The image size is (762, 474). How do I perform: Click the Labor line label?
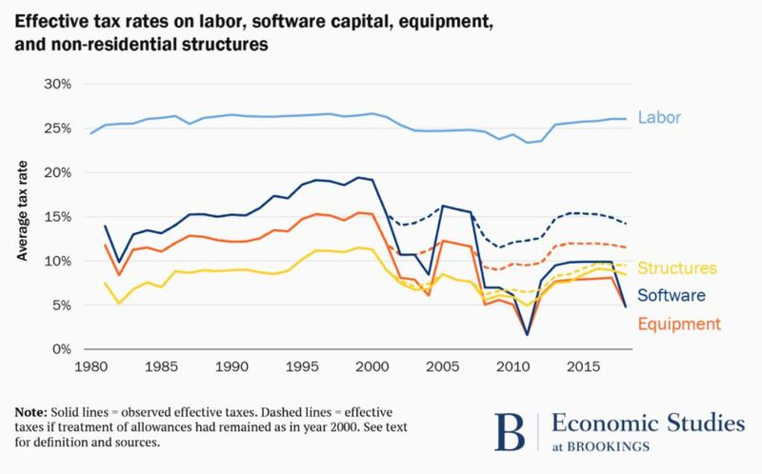click(660, 118)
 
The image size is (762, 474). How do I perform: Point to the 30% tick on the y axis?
click(56, 84)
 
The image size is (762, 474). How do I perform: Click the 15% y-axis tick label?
click(56, 217)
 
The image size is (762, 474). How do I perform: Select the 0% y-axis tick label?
click(60, 349)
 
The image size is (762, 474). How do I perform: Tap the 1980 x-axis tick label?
click(91, 366)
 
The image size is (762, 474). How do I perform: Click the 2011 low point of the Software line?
click(526, 334)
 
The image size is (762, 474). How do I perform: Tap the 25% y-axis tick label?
click(56, 128)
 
